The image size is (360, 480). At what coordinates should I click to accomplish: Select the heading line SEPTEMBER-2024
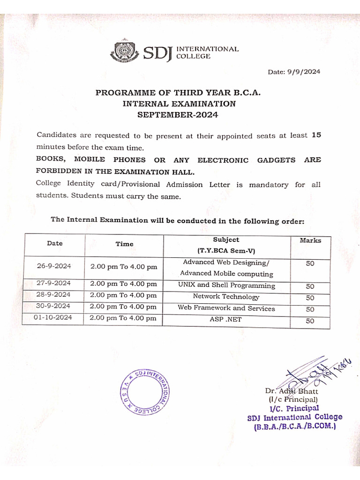click(178, 114)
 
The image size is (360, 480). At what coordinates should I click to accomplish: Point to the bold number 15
click(316, 135)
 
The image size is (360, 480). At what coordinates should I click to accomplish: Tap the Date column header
click(54, 243)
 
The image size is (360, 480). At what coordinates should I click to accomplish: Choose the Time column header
click(124, 244)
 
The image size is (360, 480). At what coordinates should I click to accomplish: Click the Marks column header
click(310, 240)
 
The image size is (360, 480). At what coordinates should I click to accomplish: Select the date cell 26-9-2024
click(54, 266)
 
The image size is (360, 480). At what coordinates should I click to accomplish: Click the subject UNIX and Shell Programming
click(226, 285)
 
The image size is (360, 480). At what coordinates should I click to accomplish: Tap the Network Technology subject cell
click(226, 297)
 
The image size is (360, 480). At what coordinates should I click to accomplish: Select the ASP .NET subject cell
click(226, 319)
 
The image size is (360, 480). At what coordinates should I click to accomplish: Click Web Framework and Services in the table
click(226, 308)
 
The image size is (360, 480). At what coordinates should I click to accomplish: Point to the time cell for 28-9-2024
click(124, 295)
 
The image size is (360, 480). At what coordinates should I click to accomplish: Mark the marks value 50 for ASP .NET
click(310, 321)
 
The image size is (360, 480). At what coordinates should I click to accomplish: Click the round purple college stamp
click(145, 392)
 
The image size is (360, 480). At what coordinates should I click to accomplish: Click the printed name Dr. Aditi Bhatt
click(291, 391)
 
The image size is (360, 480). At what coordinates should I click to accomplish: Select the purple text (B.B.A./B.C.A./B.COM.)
click(295, 427)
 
